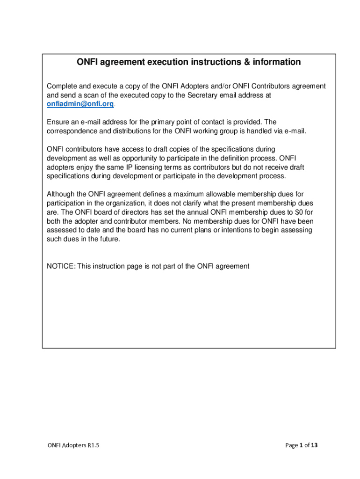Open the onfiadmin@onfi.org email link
click(80, 104)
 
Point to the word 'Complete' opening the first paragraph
click(62, 87)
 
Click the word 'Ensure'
click(58, 122)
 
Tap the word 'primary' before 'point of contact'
click(151, 122)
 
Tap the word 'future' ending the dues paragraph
click(108, 239)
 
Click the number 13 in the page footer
click(314, 445)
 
